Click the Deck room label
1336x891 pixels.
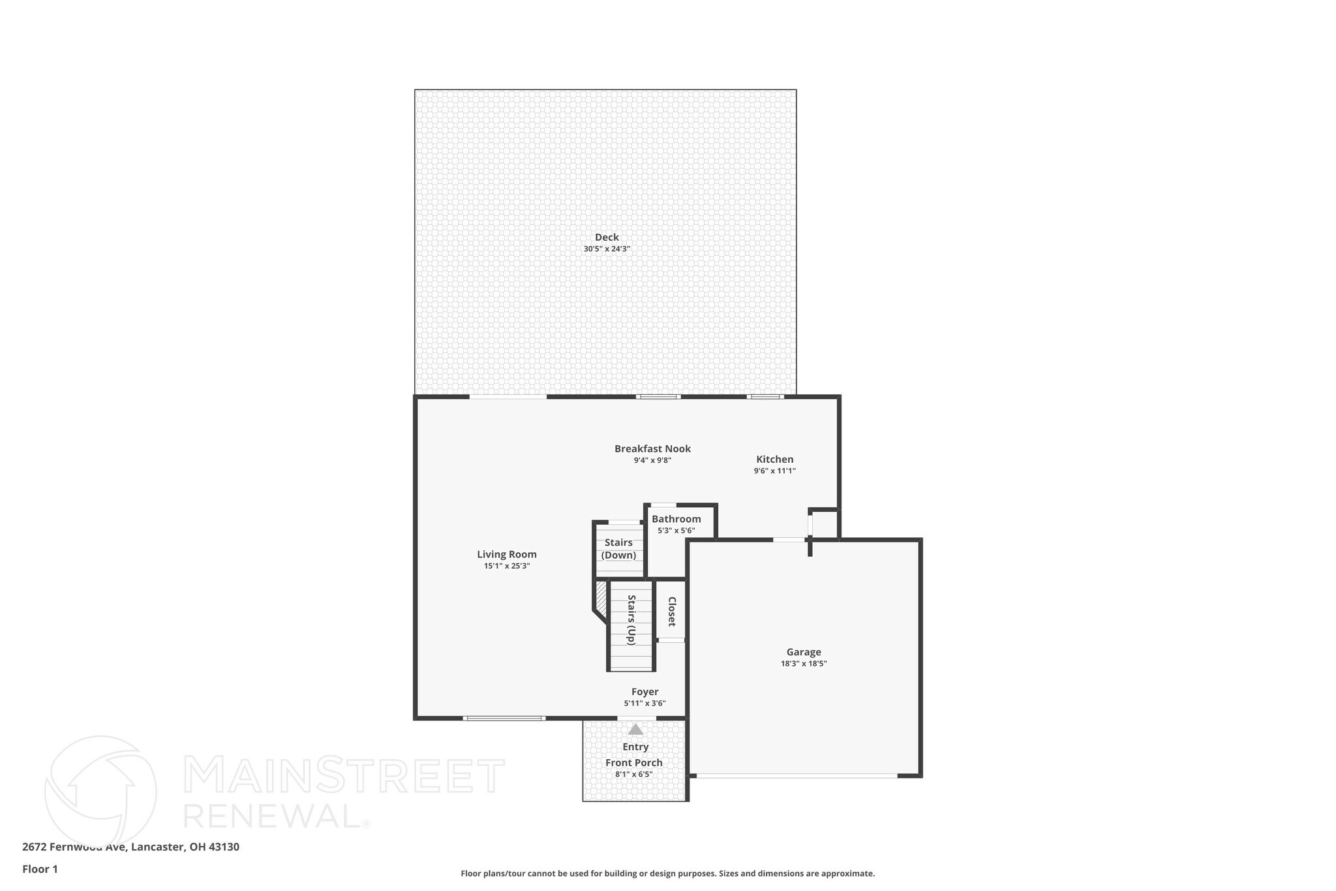coord(606,237)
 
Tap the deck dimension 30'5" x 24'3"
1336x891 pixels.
coord(606,249)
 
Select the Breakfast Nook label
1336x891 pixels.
coord(652,448)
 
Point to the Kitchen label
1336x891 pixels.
coord(774,459)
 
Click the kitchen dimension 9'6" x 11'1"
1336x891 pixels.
coord(774,471)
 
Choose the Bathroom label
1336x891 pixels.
coord(676,519)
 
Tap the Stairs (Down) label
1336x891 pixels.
coord(618,549)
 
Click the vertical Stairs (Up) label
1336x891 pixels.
coord(631,619)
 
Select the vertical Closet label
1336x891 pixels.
coord(671,612)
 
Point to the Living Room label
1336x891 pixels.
coord(506,554)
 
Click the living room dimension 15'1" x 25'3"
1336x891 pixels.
coord(506,566)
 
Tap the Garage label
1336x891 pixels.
coord(803,651)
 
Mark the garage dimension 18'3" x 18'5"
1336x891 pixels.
coord(803,663)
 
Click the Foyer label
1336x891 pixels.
coord(645,692)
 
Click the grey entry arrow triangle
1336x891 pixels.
coord(635,730)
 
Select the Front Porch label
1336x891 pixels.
coord(633,762)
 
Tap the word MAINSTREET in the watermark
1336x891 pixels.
coord(344,776)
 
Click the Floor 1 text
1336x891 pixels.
coord(40,869)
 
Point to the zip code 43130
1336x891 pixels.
coord(224,847)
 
